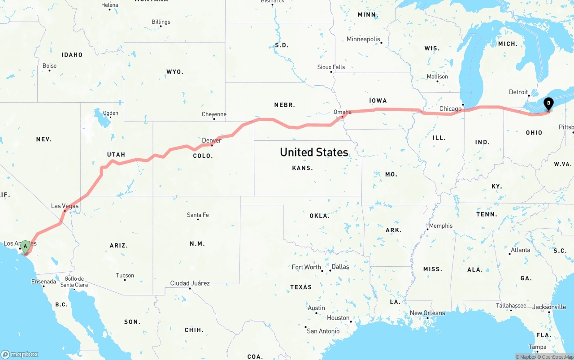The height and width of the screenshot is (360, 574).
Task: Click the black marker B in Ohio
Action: (x=548, y=104)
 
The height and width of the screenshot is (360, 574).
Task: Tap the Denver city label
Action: (x=211, y=140)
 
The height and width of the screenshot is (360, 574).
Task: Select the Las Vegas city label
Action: (x=65, y=206)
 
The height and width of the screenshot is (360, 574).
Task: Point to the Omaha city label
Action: (x=342, y=112)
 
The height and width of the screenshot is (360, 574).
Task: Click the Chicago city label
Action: (x=450, y=108)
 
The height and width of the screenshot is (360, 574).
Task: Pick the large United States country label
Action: (x=314, y=152)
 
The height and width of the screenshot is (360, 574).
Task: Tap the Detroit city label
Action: (x=518, y=92)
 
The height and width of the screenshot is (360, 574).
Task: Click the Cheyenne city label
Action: (x=214, y=114)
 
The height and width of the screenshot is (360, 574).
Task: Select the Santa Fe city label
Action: (x=198, y=215)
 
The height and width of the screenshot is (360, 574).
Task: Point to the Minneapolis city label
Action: (x=363, y=39)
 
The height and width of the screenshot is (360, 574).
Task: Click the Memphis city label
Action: (x=441, y=226)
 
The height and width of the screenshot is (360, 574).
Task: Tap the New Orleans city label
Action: (x=427, y=313)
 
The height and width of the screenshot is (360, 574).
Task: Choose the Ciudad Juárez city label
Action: (x=190, y=283)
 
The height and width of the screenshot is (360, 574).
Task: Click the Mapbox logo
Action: (x=20, y=354)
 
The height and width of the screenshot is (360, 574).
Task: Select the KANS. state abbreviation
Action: (x=302, y=168)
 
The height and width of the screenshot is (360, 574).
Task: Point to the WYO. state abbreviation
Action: (x=175, y=72)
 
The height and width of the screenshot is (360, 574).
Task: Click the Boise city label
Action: (x=49, y=65)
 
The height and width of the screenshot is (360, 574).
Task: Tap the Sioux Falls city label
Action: (x=331, y=67)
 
